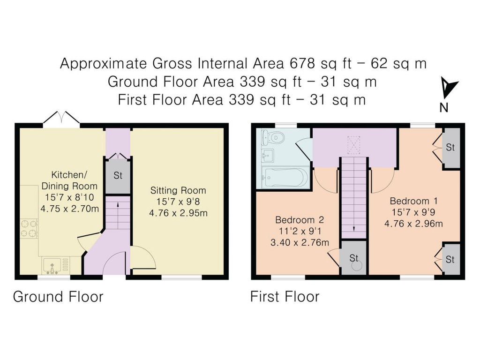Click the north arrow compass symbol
[x=448, y=88]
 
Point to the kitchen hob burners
[x=29, y=229]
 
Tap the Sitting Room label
[x=178, y=190]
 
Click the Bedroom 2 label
[x=300, y=220]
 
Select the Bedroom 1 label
[x=413, y=201]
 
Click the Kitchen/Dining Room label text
[x=69, y=180]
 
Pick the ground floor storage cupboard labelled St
[x=118, y=175]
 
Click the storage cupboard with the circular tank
[x=354, y=257]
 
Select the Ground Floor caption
[x=58, y=297]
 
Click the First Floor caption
[x=285, y=297]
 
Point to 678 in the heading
[x=302, y=63]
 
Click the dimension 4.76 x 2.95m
[x=178, y=213]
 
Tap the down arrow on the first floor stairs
[x=354, y=228]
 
